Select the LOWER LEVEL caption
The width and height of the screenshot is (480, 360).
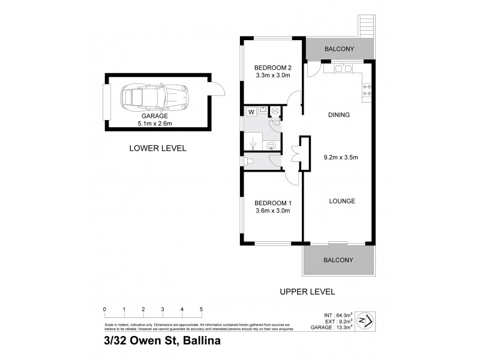tap(158, 148)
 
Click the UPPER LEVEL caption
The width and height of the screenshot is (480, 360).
tap(307, 292)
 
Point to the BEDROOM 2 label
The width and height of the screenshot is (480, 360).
tap(272, 67)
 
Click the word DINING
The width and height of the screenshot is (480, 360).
tap(338, 115)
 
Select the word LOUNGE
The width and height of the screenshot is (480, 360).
tap(342, 201)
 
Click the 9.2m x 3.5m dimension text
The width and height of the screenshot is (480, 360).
tap(341, 158)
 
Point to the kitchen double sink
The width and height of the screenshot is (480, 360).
tap(343, 69)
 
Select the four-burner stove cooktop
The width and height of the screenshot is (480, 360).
tap(368, 89)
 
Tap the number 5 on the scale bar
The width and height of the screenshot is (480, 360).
tap(201, 309)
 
